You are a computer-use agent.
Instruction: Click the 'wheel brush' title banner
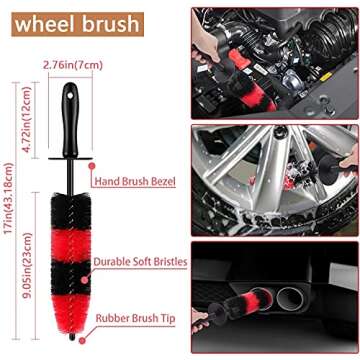(64, 23)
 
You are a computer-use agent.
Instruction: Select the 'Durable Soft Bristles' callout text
(139, 261)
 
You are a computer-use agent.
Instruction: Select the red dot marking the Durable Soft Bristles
(91, 261)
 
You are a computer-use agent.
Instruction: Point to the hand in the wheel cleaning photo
(345, 160)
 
